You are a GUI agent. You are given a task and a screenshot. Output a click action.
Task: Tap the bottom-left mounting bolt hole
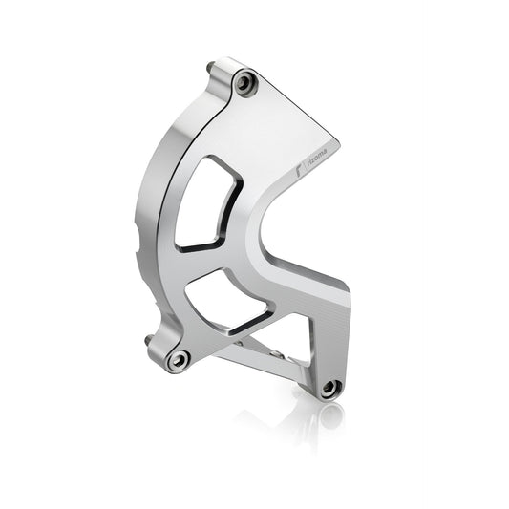coord(178,360)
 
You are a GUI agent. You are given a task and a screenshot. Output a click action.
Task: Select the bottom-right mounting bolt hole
coord(329,388)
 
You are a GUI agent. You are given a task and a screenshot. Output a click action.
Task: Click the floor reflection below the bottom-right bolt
coord(329,415)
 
